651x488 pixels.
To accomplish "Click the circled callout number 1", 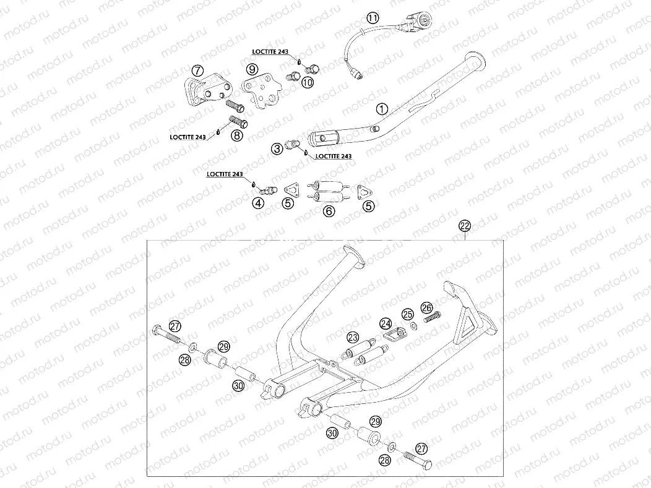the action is click(382, 109).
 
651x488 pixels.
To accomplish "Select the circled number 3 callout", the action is click(277, 148).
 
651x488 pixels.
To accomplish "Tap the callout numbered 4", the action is click(259, 203).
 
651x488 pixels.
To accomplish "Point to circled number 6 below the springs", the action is click(329, 211).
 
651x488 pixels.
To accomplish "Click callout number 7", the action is click(197, 69).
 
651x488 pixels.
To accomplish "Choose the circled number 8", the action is click(236, 135).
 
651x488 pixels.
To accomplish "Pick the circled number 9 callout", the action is click(252, 69).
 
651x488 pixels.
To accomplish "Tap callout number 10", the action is click(307, 82).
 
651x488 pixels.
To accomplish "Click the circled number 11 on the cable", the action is click(373, 18).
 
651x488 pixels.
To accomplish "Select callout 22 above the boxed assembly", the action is click(465, 226).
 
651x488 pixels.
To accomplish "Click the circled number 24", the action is click(386, 323).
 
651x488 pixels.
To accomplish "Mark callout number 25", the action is click(408, 314).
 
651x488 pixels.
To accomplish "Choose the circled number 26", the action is click(427, 307).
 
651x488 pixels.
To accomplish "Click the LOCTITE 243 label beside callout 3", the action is click(334, 156).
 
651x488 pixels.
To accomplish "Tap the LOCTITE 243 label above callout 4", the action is click(225, 174).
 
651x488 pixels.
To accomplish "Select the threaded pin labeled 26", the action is click(432, 317).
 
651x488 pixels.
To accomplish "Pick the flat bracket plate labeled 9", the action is click(261, 92).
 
